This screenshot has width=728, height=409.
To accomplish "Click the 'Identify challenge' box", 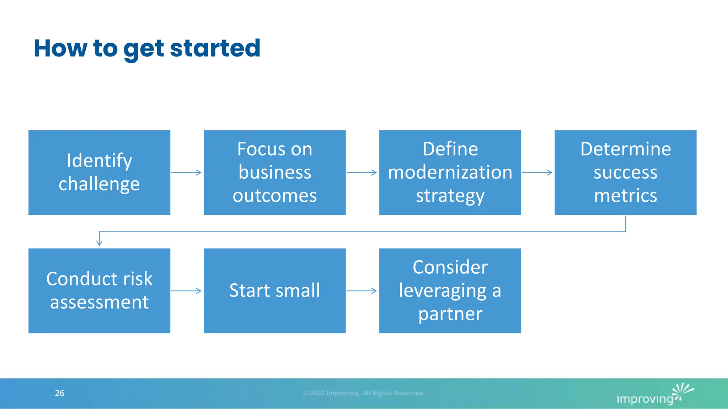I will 99,173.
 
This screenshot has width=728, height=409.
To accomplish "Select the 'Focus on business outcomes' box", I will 274,173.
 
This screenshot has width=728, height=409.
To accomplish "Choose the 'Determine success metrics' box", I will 625,173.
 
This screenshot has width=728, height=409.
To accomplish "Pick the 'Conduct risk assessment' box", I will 99,290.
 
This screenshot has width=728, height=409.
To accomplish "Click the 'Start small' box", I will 274,290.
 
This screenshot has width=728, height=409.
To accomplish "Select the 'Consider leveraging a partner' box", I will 450,290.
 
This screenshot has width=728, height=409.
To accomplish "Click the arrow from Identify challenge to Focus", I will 186,173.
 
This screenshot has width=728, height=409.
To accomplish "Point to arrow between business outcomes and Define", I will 362,173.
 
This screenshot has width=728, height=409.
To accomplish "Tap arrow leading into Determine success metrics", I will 537,173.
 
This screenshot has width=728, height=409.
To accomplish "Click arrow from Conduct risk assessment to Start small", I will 186,291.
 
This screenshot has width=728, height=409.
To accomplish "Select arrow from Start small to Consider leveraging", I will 362,291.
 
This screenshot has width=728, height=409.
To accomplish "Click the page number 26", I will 59,393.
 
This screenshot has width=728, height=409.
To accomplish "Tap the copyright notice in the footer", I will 364,393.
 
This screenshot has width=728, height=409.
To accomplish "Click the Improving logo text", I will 644,399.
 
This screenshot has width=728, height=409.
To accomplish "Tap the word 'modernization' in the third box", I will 450,173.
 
